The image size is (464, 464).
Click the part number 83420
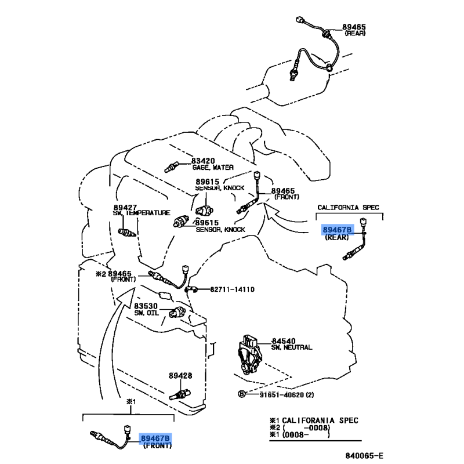coord(203,161)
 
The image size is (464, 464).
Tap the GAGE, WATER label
coord(213,168)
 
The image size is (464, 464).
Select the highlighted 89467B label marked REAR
coord(337,230)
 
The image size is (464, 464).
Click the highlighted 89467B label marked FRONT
coord(155,438)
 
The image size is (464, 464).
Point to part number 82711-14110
coord(233,289)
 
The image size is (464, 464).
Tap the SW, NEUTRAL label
coord(292,347)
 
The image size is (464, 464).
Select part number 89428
coord(180,376)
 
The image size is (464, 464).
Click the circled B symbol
coord(242,394)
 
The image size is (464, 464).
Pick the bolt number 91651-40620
coord(282,395)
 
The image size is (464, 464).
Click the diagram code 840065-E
coord(364,455)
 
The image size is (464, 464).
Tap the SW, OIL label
coord(147,313)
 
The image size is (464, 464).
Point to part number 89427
coord(125,208)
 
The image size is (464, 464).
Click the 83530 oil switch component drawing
coord(177,312)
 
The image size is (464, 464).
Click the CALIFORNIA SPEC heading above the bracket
coord(349,208)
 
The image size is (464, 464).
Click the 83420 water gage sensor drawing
coord(171,167)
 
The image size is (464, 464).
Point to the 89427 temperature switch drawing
coord(127,233)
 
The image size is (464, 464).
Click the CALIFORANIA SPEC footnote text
coord(320,420)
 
